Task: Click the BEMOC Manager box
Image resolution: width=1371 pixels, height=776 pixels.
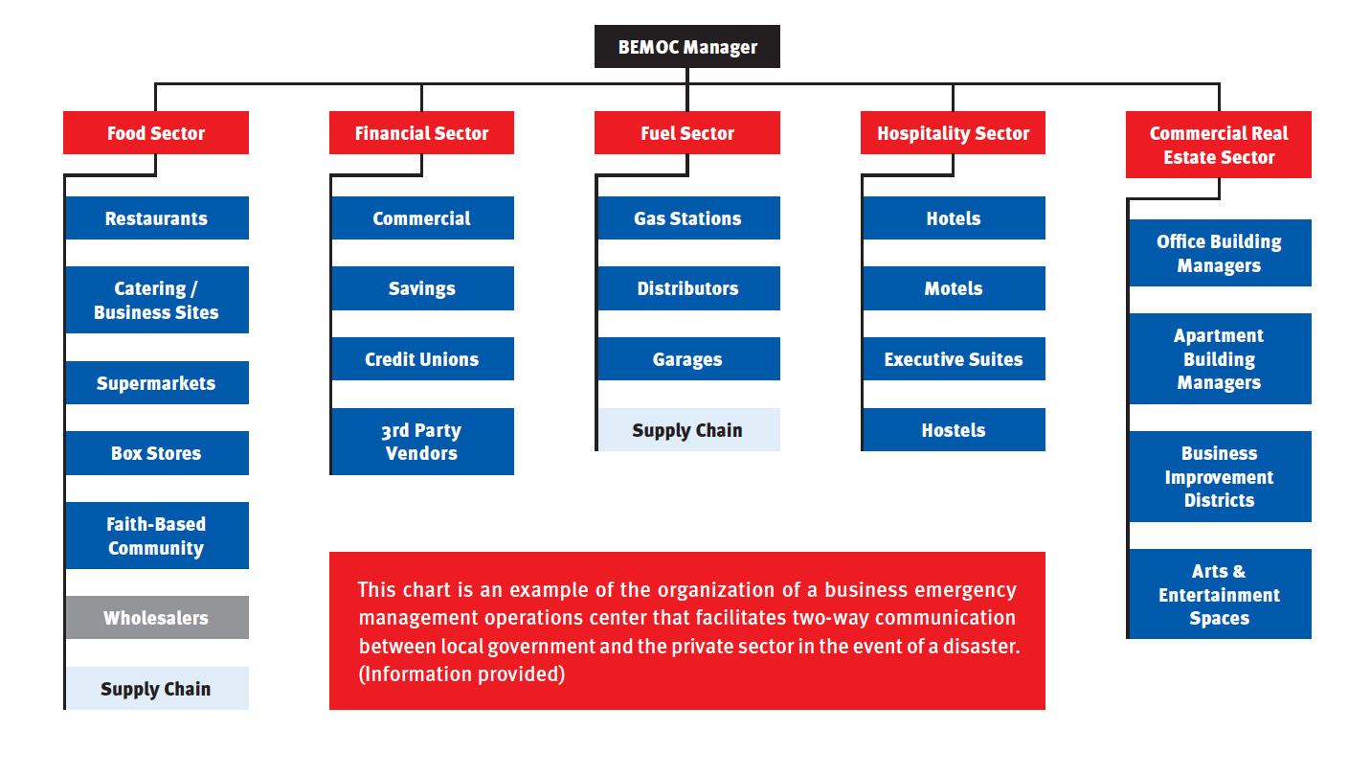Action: click(x=686, y=47)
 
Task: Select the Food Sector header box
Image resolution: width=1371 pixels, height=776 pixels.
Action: click(x=156, y=132)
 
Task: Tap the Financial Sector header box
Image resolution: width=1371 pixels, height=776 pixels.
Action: click(x=421, y=132)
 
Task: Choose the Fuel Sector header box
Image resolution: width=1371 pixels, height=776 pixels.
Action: click(x=686, y=132)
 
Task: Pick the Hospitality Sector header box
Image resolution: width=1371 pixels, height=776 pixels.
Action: click(x=953, y=132)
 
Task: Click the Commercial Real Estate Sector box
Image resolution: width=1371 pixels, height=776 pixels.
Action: click(x=1219, y=145)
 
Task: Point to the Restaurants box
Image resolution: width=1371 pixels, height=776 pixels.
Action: click(x=157, y=218)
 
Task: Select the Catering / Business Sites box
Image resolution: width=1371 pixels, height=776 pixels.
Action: click(x=157, y=300)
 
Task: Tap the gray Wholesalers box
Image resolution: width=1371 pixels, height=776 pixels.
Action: click(x=157, y=617)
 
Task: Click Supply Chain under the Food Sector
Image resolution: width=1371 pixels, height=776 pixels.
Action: click(x=157, y=689)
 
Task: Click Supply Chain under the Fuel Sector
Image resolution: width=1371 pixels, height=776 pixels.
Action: click(x=688, y=429)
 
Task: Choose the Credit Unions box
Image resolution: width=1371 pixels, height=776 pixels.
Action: click(x=422, y=359)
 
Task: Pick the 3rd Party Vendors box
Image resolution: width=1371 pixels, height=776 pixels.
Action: click(x=422, y=442)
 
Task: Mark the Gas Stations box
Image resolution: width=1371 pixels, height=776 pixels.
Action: click(x=688, y=218)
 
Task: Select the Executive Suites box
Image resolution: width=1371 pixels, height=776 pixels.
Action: click(x=954, y=359)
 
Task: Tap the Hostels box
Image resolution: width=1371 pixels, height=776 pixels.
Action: click(x=954, y=429)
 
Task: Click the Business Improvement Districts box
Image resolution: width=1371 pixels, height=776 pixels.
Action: click(x=1220, y=476)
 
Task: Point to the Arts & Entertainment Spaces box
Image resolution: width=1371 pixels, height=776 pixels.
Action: click(x=1220, y=594)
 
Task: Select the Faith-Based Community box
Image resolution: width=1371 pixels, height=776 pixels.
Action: click(x=157, y=536)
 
